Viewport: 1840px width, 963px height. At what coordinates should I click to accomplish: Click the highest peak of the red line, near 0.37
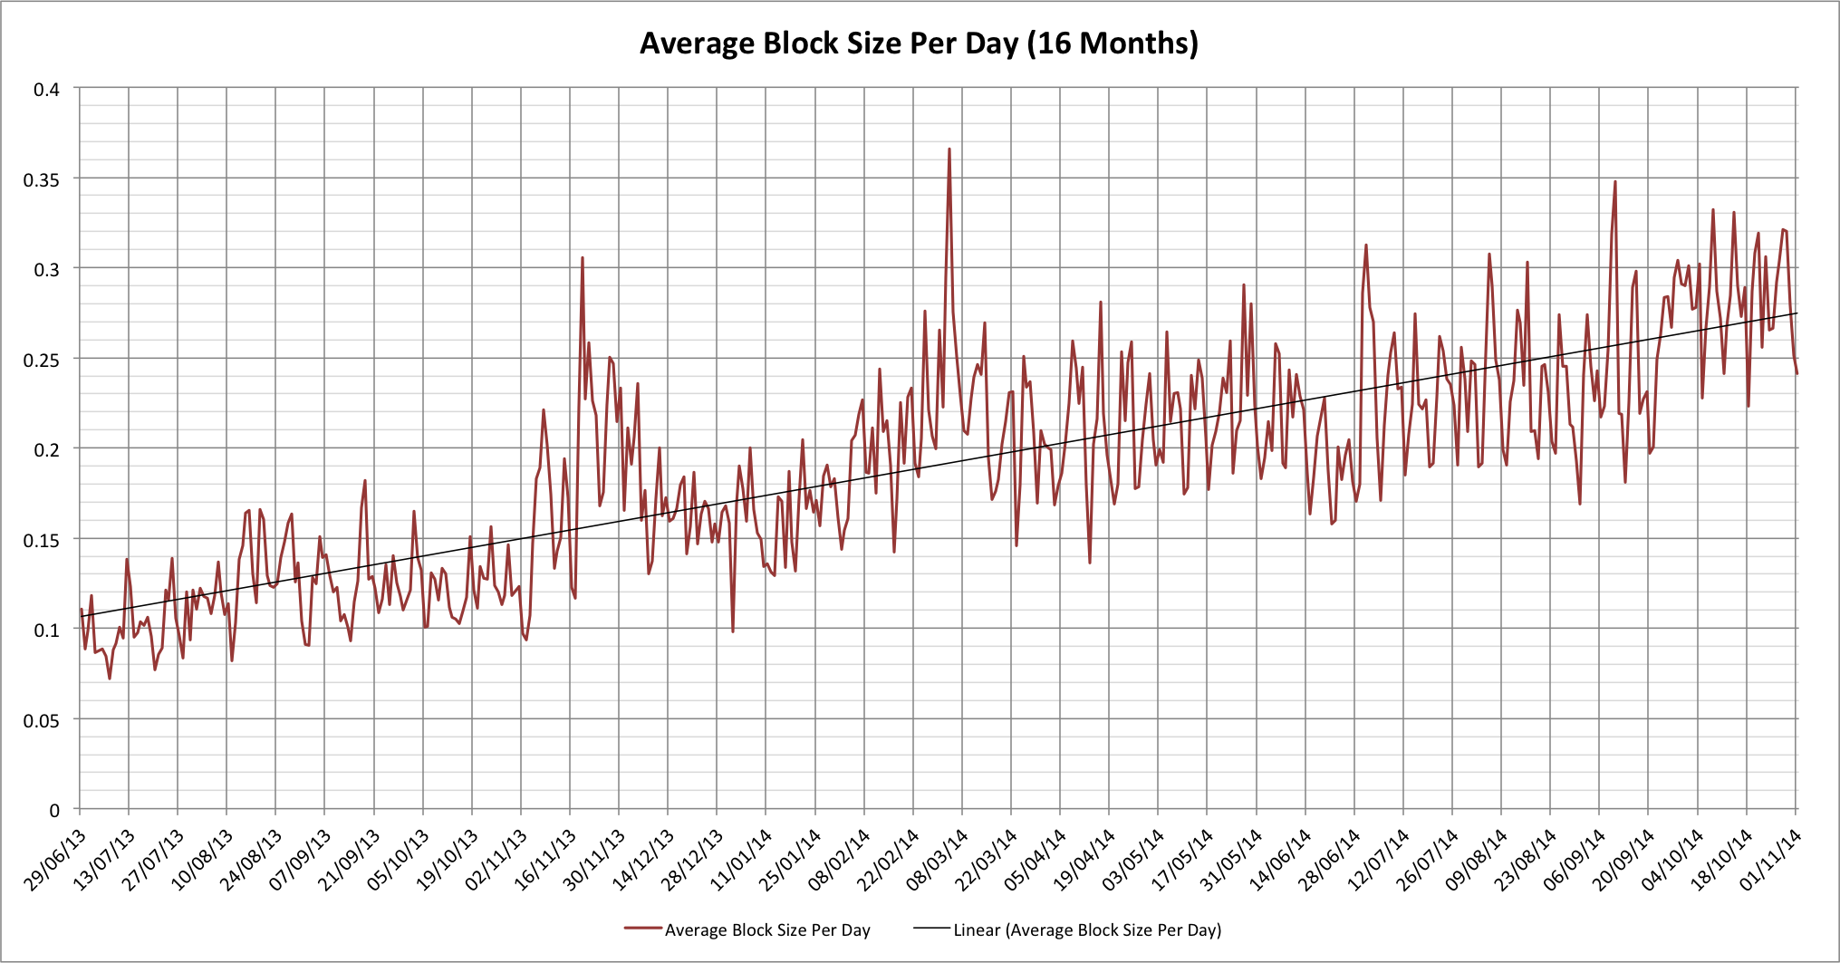click(949, 149)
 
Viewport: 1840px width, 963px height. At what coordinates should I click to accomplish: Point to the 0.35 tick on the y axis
click(41, 179)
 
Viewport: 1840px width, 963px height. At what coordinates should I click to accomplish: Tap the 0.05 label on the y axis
click(41, 720)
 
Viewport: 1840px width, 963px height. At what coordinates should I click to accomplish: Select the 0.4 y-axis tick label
click(46, 89)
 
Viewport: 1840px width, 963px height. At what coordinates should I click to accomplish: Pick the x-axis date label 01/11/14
click(1771, 859)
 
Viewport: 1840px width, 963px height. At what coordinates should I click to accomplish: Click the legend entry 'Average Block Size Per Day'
click(766, 929)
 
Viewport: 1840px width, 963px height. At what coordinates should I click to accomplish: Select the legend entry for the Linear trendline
click(1086, 929)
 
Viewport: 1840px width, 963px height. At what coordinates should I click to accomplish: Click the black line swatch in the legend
click(931, 929)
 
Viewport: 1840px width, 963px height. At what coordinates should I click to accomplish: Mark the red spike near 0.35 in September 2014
click(1614, 182)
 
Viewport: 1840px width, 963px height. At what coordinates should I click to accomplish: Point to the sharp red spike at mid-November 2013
click(583, 258)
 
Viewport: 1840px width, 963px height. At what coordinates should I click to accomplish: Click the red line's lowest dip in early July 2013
click(110, 678)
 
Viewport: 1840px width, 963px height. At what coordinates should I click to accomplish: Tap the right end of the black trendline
click(1796, 313)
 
